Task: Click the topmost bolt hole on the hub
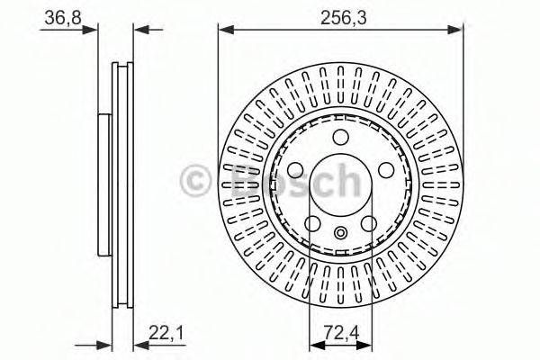[340, 138]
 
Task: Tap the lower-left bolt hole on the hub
[313, 222]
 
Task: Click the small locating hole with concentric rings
[340, 234]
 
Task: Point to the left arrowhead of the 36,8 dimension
[92, 30]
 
